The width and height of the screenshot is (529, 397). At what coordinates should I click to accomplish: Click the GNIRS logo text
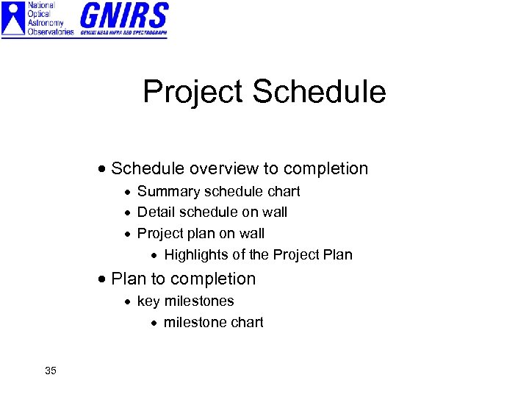pos(123,14)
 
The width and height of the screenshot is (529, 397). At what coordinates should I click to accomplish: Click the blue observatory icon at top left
pos(13,19)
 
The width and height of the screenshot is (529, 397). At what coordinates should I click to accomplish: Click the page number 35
pos(50,371)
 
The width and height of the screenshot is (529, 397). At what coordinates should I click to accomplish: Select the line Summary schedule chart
pos(218,191)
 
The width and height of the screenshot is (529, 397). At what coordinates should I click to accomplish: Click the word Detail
pos(154,212)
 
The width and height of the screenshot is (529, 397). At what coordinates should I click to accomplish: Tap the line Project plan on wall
pos(201,234)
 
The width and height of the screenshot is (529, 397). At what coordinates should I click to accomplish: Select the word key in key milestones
pos(148,301)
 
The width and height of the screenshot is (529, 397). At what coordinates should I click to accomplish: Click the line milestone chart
pos(213,322)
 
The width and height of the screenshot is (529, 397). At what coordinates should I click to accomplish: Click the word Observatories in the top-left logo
pos(51,32)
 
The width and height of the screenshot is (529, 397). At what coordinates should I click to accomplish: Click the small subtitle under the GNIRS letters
pos(123,32)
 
